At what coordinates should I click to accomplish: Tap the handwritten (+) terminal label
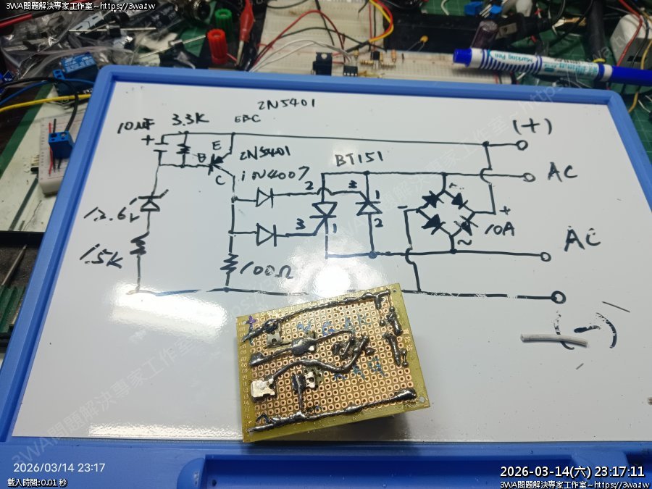coord(532,126)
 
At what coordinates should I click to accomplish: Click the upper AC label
coord(562,173)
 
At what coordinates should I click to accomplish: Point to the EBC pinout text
coord(246,120)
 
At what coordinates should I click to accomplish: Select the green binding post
coord(222,15)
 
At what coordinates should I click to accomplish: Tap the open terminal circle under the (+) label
coord(522,145)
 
